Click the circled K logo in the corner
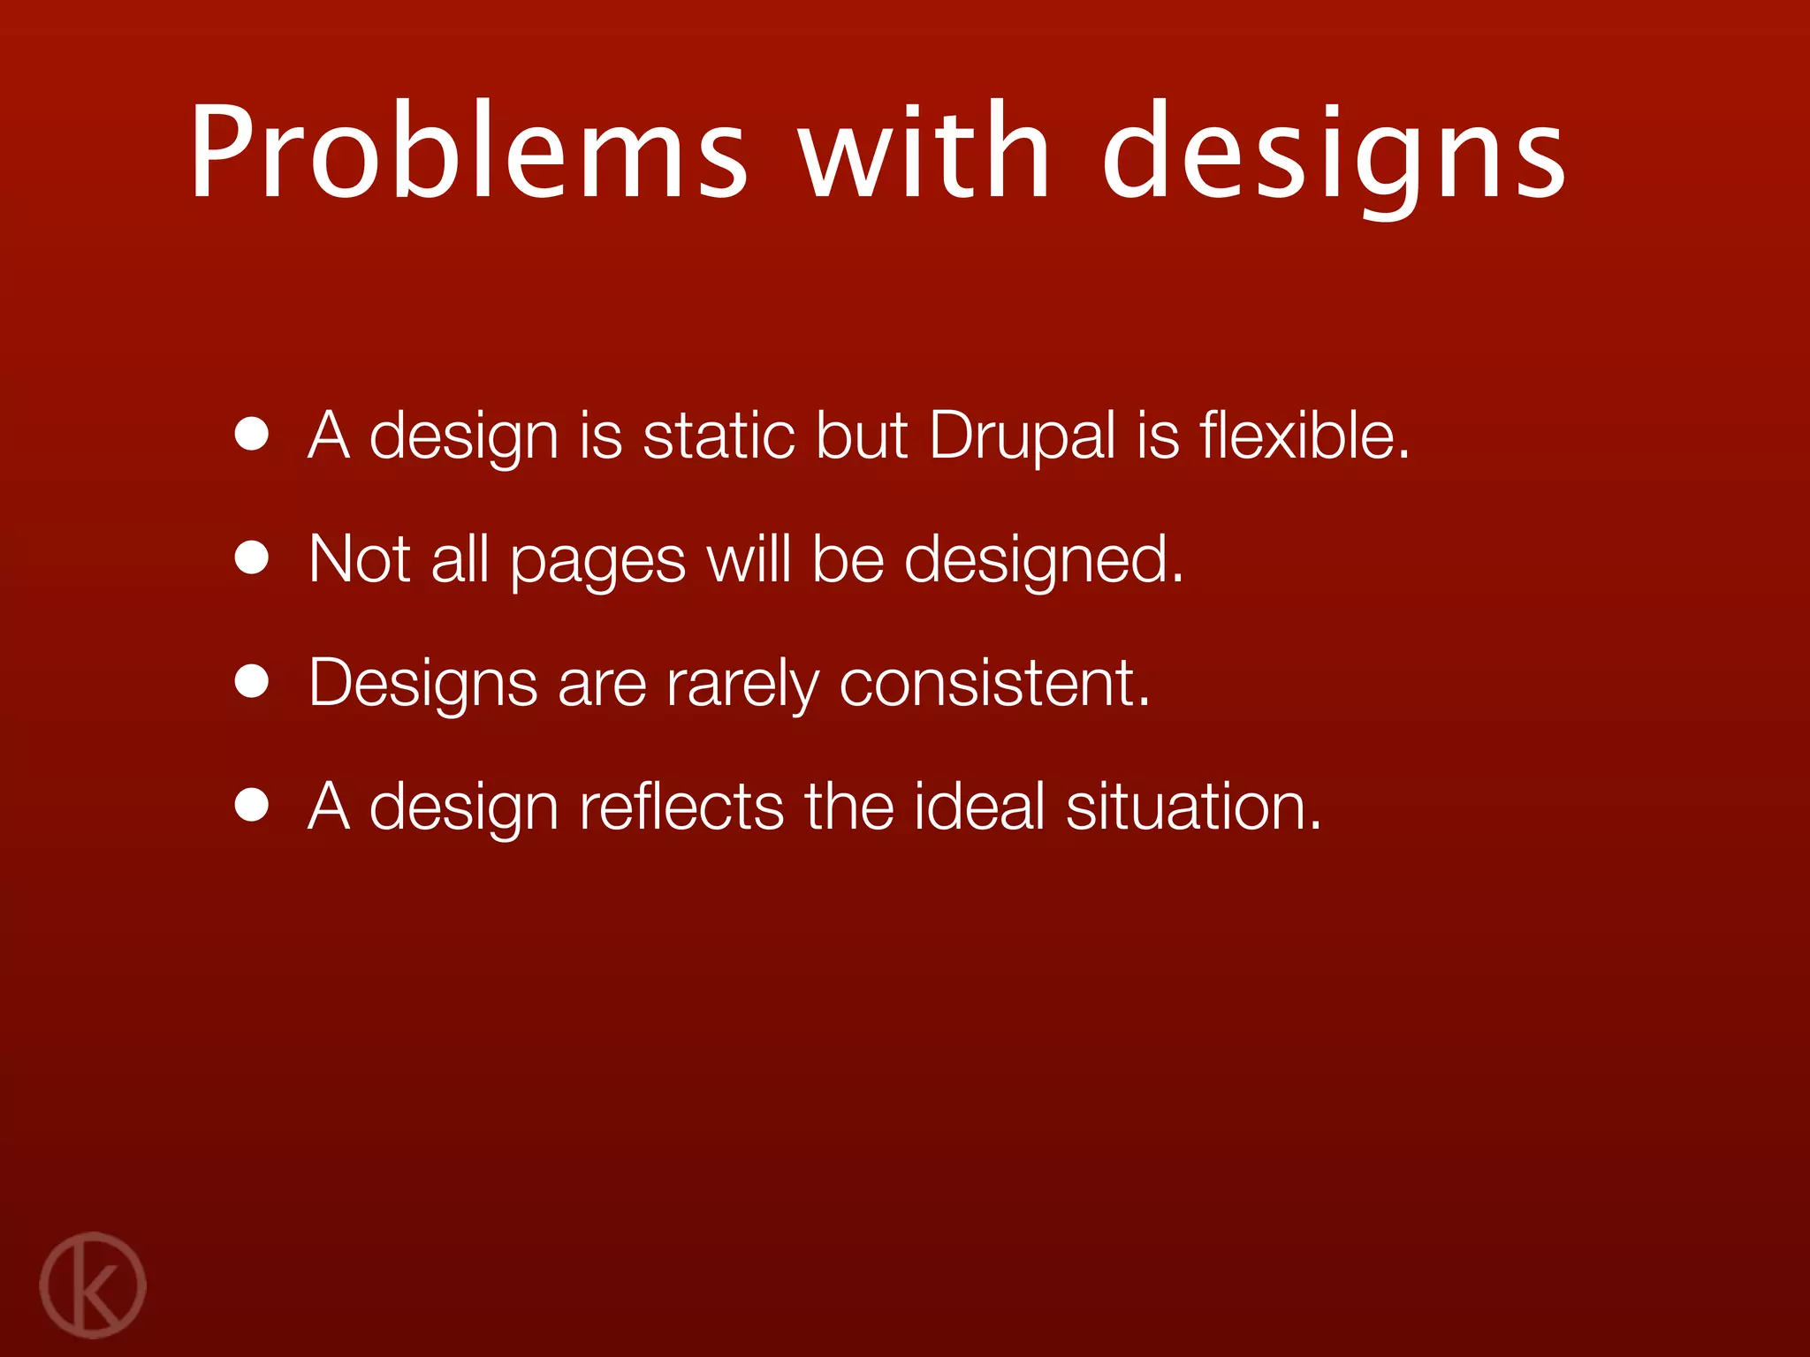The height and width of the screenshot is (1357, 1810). (93, 1285)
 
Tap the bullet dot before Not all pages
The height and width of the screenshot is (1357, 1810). (252, 558)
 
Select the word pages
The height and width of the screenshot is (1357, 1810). (597, 562)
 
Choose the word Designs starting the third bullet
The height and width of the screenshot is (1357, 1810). (422, 684)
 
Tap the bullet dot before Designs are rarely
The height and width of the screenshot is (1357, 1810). (252, 682)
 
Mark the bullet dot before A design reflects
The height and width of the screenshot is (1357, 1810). (252, 806)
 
